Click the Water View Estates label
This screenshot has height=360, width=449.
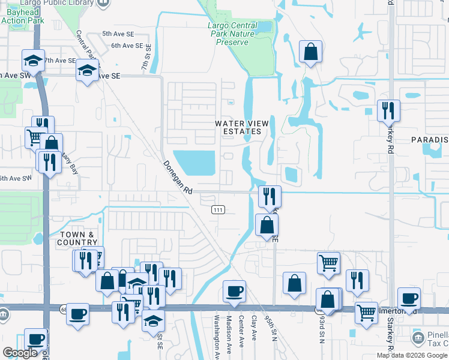pos(242,127)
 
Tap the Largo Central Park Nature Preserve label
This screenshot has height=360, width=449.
pos(232,34)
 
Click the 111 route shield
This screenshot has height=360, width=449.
pos(218,209)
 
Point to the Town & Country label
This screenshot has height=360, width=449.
pos(78,238)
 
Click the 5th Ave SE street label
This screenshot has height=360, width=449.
pos(118,34)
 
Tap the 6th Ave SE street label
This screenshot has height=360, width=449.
pos(127,46)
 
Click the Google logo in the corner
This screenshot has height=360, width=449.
pos(20,353)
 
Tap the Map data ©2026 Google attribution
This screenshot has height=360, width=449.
pos(412,355)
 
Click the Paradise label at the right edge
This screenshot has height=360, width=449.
pos(430,140)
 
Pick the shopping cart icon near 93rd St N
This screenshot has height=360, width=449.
pos(328,262)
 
